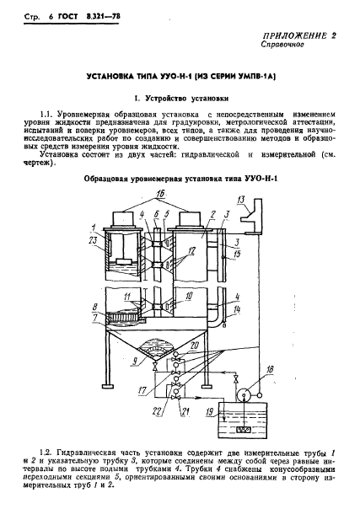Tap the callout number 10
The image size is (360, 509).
(x=191, y=296)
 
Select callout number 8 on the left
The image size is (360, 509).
(x=95, y=307)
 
